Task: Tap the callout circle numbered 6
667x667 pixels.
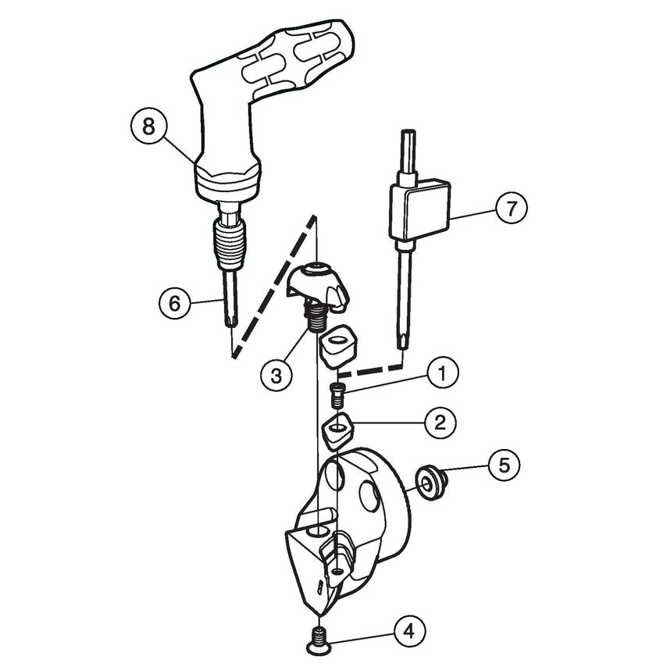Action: click(x=175, y=302)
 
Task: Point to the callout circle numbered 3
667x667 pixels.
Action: click(x=276, y=375)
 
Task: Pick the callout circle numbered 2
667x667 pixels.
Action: click(x=440, y=423)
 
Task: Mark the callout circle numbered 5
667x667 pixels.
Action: click(x=504, y=465)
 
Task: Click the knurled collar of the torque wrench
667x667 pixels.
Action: click(x=226, y=234)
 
